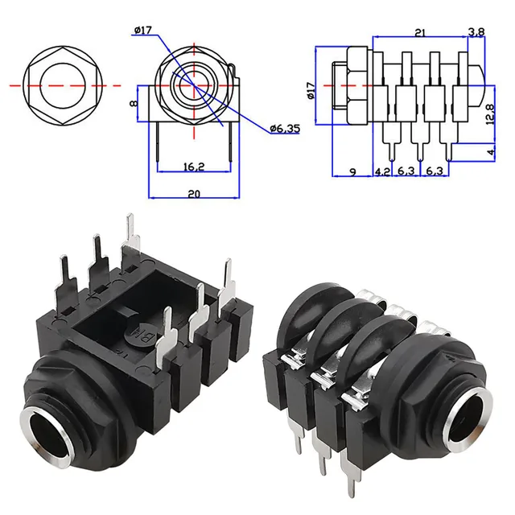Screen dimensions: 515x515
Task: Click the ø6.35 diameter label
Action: (285, 129)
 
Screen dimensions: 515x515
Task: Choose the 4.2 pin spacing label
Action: (383, 171)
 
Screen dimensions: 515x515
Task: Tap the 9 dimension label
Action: (352, 171)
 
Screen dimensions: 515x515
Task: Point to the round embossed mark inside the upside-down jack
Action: (137, 330)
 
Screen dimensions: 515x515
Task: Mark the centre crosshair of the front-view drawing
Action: (193, 84)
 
